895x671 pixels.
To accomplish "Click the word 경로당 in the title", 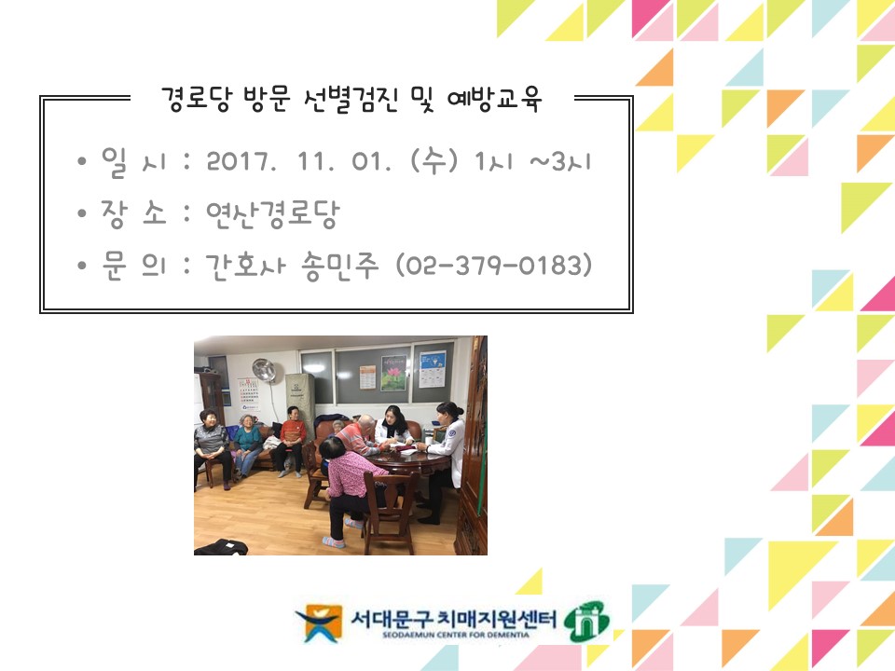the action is click(x=197, y=100).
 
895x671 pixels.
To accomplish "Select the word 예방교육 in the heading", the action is click(x=494, y=100).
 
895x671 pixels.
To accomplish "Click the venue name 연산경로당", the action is click(x=273, y=214).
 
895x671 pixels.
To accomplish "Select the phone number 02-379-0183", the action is click(x=494, y=266).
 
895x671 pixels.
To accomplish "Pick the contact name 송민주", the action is click(x=341, y=266).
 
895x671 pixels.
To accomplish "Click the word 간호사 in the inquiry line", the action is click(x=245, y=266).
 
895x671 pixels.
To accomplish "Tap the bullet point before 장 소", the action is click(x=82, y=213).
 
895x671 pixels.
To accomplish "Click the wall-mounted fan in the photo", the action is click(x=264, y=370).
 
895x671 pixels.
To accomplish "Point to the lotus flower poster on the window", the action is click(x=393, y=373).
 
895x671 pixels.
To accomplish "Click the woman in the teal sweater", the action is click(x=247, y=445).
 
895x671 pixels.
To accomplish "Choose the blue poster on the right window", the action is click(x=432, y=369).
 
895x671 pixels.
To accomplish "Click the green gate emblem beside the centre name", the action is click(x=586, y=622).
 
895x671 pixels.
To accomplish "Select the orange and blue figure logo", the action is click(x=319, y=623).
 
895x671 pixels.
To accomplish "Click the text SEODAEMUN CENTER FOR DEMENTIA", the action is click(x=456, y=635).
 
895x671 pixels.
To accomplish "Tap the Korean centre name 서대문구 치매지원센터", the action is click(x=454, y=618).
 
